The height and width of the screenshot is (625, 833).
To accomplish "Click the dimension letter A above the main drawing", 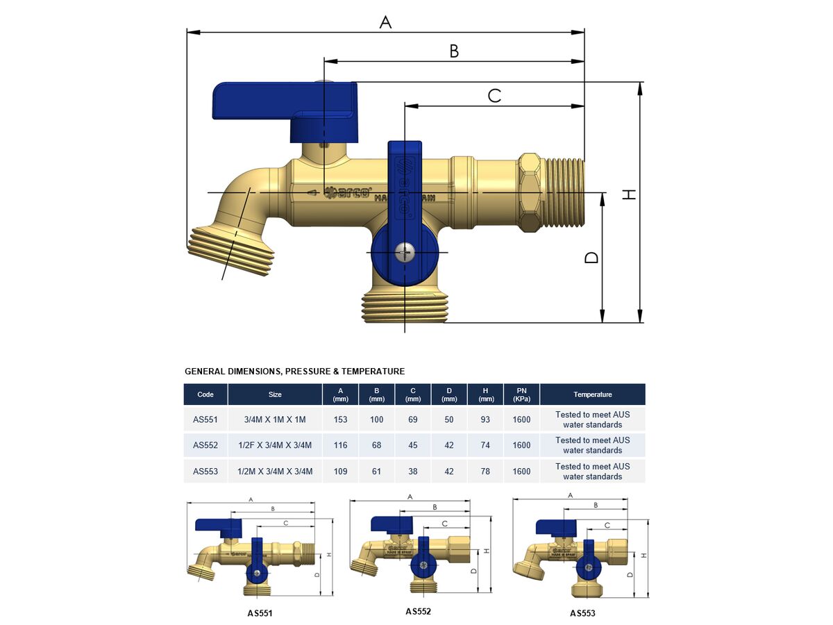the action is pos(385,22).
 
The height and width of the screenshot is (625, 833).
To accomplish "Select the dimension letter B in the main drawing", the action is pos(454,51).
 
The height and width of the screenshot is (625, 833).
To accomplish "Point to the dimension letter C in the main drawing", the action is pos(494,96).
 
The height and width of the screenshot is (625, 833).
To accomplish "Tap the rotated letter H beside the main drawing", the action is pos(629,194).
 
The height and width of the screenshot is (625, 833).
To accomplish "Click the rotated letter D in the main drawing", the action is pos(591,258).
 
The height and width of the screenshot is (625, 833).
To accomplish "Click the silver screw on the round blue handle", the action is pos(405,252).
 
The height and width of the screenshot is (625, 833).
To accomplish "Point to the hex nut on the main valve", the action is pos(530,192).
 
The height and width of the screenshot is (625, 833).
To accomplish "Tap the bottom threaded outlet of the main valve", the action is pos(405,307).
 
